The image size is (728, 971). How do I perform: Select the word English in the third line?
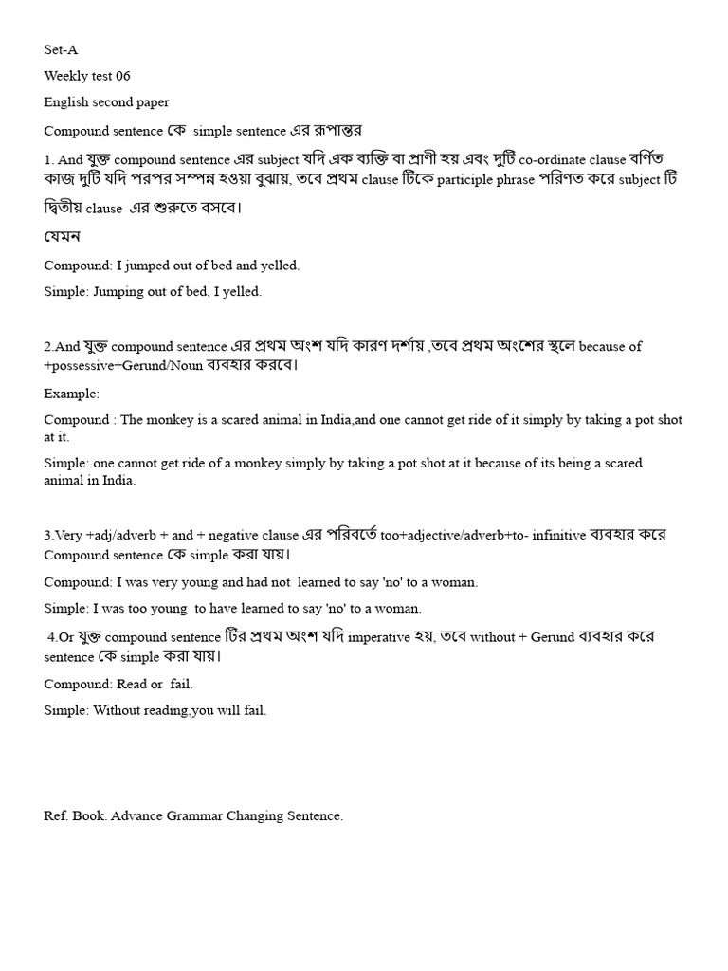point(67,101)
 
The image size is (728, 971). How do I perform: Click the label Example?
point(71,393)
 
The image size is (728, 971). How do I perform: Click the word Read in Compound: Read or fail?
point(132,684)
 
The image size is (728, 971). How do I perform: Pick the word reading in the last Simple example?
point(160,709)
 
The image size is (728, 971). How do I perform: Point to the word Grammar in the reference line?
point(195,815)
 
